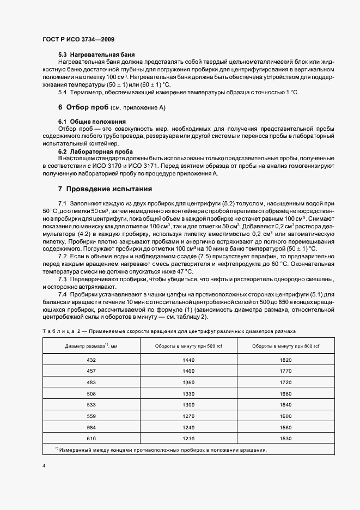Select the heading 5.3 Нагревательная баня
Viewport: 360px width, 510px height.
(x=97, y=55)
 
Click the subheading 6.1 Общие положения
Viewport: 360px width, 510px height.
(x=92, y=120)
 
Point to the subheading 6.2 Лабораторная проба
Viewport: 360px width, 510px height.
(x=95, y=151)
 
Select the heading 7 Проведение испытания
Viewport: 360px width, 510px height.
(x=105, y=189)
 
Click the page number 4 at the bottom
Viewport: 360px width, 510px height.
(x=44, y=466)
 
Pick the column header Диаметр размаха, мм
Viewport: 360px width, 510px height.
(x=91, y=346)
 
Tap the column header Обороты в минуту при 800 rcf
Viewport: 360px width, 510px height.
(x=286, y=346)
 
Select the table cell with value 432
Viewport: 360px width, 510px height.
(x=91, y=360)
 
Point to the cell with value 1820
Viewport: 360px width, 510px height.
(x=286, y=360)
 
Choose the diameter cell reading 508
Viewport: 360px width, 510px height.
(x=91, y=393)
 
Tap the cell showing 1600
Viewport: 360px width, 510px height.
(x=286, y=416)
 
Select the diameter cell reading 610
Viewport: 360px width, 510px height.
(x=91, y=438)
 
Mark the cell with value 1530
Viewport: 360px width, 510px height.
(x=286, y=438)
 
